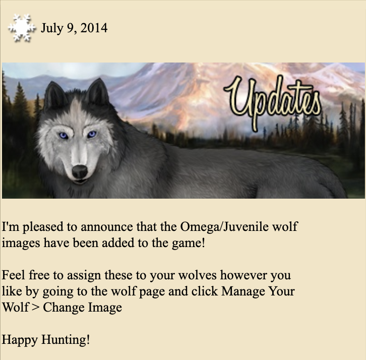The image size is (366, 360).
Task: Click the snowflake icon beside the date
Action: (x=22, y=28)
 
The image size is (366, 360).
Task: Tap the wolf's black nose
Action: (x=80, y=171)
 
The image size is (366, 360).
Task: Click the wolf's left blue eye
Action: (x=64, y=136)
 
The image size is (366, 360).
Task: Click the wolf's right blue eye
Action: (x=91, y=134)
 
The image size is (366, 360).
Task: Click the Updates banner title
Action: (x=272, y=103)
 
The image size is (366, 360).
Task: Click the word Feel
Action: (x=13, y=275)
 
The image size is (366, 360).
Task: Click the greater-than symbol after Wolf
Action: (x=35, y=308)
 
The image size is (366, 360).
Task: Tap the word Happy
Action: (x=20, y=340)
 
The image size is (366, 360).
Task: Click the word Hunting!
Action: (x=66, y=340)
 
